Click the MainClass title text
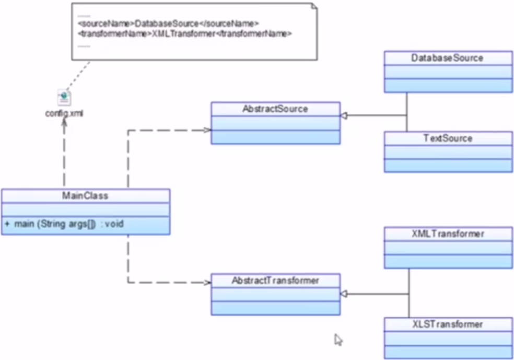tap(85, 196)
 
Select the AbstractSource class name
tap(275, 109)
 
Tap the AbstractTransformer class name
tap(275, 281)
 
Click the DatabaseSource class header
tap(448, 58)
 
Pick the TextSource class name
tap(448, 138)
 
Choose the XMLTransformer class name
tap(448, 234)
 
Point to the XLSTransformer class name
tap(448, 324)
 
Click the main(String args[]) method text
tap(69, 224)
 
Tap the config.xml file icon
tap(64, 98)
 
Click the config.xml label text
tap(64, 113)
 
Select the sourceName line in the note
tap(168, 24)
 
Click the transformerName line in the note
tap(184, 34)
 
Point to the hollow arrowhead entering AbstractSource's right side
tap(344, 115)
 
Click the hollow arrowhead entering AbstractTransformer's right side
tap(344, 294)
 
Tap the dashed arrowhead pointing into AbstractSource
tap(207, 130)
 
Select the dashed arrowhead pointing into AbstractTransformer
tap(207, 283)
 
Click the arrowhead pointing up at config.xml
tap(64, 122)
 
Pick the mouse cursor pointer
tap(338, 340)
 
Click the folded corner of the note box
tap(314, 6)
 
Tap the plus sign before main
tap(7, 224)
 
